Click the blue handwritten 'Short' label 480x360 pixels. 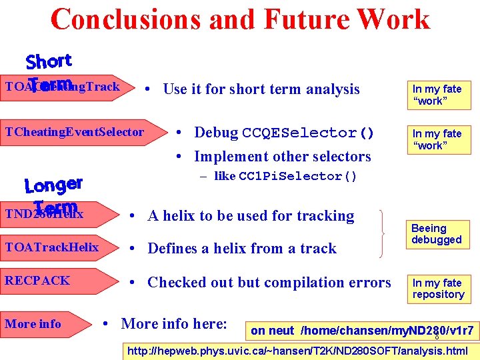point(49,61)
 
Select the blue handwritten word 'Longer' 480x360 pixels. point(53,183)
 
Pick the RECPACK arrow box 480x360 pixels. point(53,281)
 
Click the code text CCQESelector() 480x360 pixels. point(308,133)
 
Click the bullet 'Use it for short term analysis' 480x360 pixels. point(261,89)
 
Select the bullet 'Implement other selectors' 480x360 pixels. point(282,157)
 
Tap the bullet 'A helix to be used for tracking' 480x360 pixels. point(251,215)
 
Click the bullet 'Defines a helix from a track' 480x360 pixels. point(242,249)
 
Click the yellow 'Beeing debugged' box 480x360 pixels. point(437,234)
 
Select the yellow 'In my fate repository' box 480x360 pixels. point(438,289)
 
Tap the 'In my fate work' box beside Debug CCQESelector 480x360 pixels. point(437,139)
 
